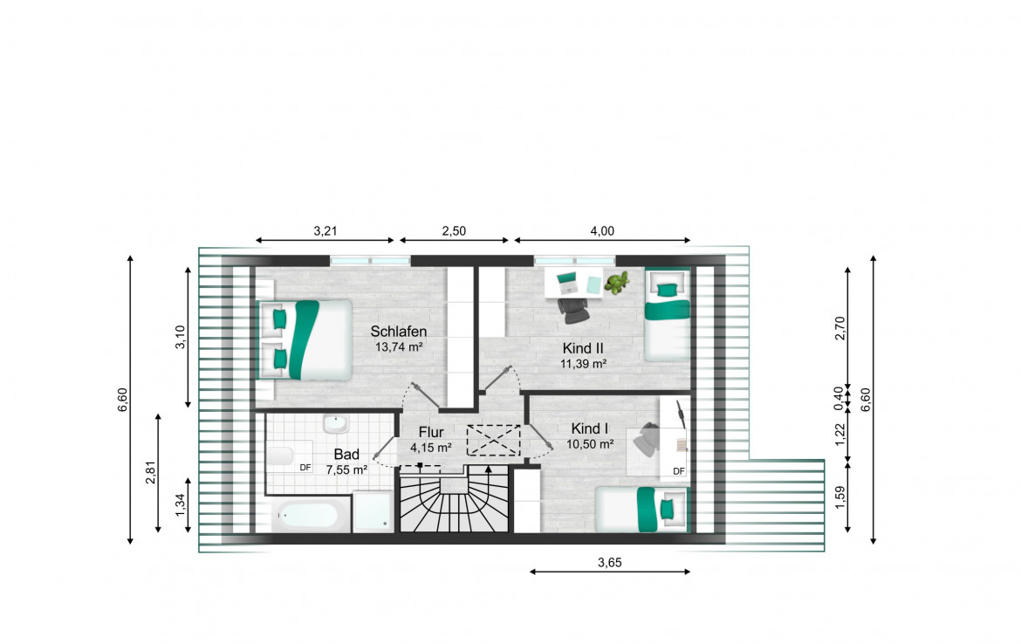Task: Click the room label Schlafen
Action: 399,332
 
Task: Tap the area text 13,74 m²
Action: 399,347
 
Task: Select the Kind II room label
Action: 584,348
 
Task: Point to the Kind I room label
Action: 590,428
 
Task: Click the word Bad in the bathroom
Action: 346,455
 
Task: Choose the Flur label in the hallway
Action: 431,432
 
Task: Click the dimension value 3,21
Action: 325,230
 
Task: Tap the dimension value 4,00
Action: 602,230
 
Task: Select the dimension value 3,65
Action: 610,563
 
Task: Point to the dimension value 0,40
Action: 839,399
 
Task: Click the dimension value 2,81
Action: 151,472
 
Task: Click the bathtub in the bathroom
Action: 307,516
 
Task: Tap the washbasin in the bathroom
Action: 336,424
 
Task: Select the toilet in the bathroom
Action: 281,456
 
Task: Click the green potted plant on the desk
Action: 617,283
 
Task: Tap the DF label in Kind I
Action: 679,471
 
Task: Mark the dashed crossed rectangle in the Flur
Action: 494,440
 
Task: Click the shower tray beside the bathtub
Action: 373,512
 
